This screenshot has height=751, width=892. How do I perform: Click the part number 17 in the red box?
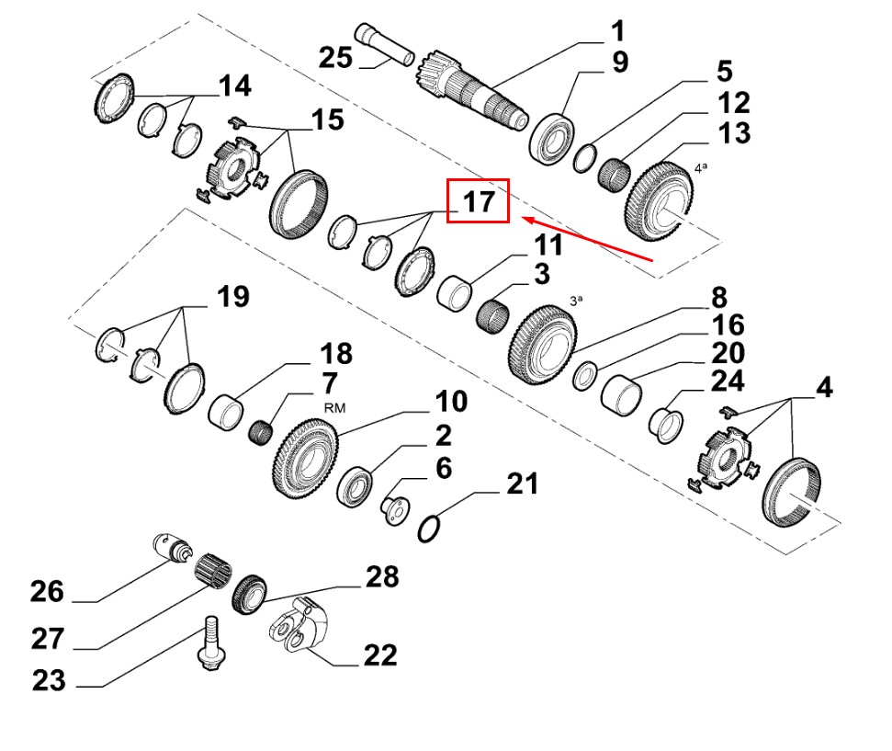pos(478,202)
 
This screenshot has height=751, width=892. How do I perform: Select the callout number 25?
pos(335,58)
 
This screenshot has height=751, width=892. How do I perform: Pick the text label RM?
pos(333,408)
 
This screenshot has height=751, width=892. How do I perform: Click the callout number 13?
pos(734,132)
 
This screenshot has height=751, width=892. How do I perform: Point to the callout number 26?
pos(47,590)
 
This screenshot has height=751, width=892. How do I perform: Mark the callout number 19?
pos(233,296)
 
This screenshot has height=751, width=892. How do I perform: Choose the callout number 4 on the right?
pos(824,388)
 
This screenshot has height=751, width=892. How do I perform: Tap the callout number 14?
pos(234,86)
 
